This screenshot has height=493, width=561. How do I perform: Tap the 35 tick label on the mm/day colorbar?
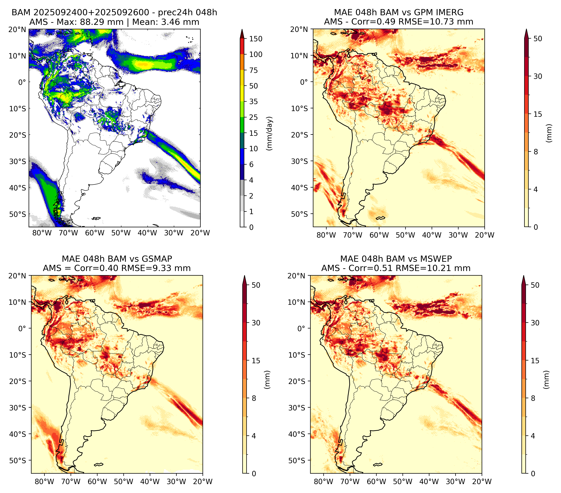pyautogui.click(x=253, y=101)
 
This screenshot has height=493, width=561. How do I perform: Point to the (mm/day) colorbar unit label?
pyautogui.click(x=270, y=133)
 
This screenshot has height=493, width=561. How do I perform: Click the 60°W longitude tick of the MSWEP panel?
pyautogui.click(x=377, y=482)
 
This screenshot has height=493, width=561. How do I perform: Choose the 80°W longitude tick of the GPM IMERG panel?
pyautogui.click(x=326, y=235)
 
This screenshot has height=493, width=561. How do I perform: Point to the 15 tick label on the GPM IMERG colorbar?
pyautogui.click(x=538, y=114)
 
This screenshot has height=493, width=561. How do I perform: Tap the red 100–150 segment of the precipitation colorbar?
pyautogui.click(x=242, y=46)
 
